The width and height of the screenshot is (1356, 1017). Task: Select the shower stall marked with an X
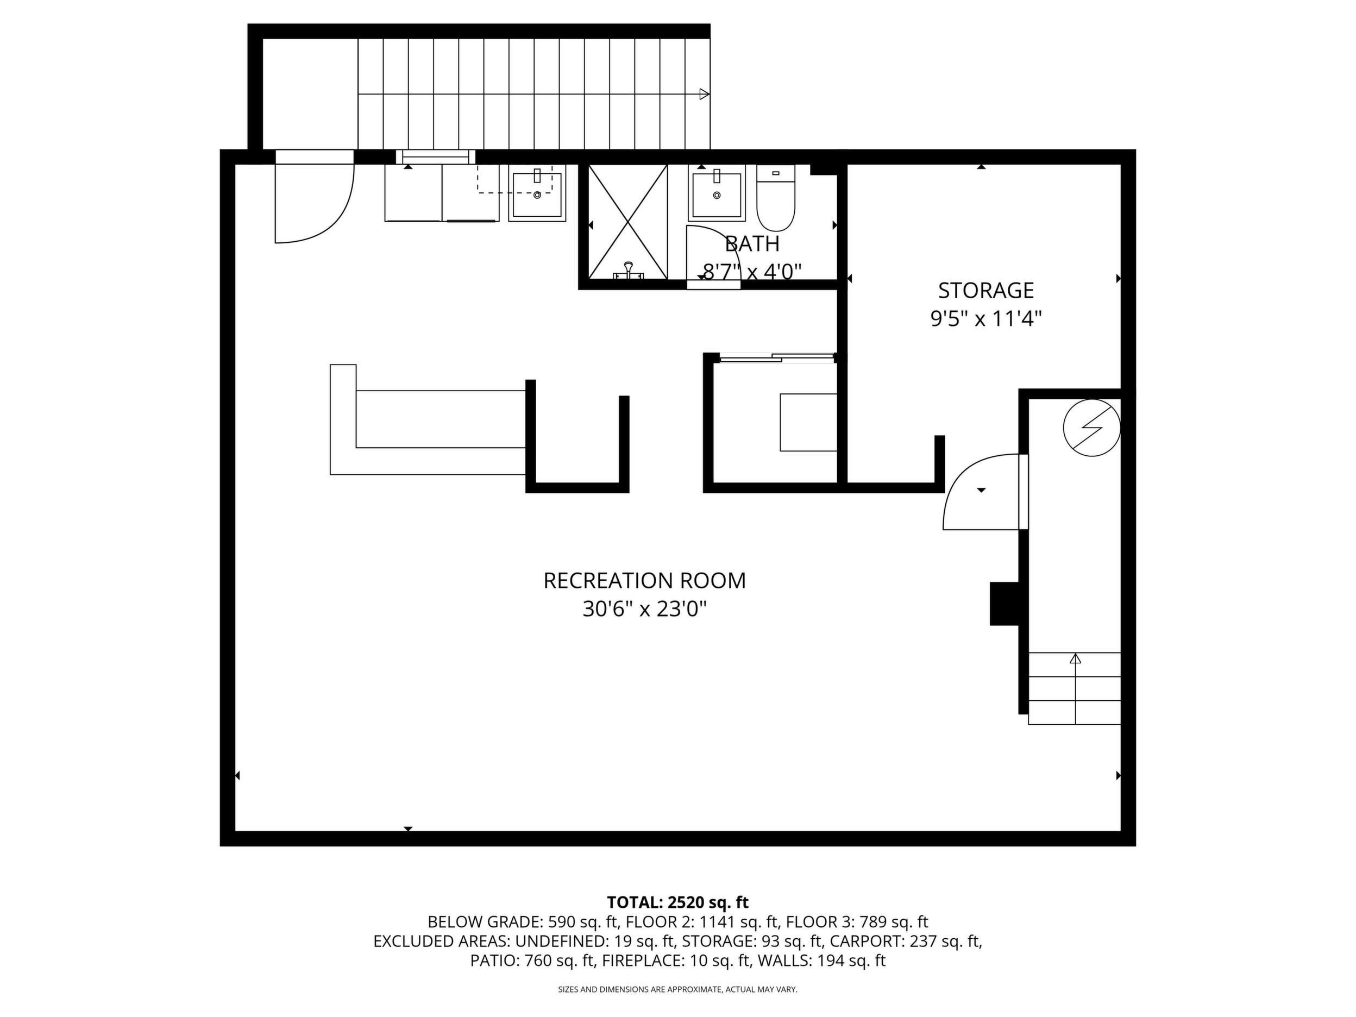pos(627,222)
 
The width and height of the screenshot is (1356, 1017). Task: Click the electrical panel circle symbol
pos(1092,427)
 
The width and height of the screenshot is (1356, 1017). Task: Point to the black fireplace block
pos(1004,603)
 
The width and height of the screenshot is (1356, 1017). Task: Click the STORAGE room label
pos(985,290)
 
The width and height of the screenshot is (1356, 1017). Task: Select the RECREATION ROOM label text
pos(644,581)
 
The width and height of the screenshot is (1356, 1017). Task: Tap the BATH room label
pos(752,244)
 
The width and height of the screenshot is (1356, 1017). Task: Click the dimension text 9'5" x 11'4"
pos(985,319)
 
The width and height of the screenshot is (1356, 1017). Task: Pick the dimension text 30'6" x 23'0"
pos(644,610)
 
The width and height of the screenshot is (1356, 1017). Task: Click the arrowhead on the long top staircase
pos(705,95)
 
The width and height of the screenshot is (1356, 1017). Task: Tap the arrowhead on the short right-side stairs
pos(1075,659)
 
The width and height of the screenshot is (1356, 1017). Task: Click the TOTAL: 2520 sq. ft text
pos(677,902)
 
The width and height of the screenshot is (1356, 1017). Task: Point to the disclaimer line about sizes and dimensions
pos(677,989)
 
